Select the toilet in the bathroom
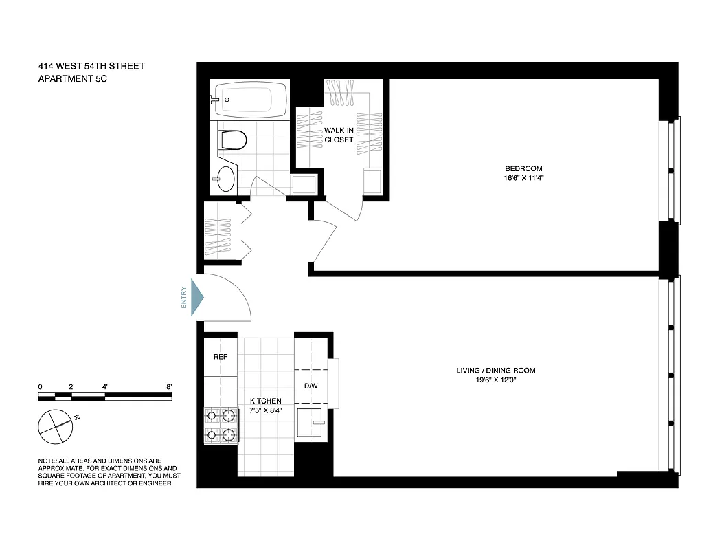234,140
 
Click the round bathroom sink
224,179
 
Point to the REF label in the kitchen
220,357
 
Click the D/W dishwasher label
311,386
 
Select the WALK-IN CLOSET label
339,135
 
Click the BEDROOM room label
523,168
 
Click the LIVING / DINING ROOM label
495,371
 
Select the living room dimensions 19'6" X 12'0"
495,380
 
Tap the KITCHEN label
265,401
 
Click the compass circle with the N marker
56,426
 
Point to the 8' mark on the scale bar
168,387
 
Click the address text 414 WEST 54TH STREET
91,67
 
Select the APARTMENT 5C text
73,79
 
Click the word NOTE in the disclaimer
48,461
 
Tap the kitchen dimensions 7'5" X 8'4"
265,410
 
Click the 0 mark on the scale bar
41,387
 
